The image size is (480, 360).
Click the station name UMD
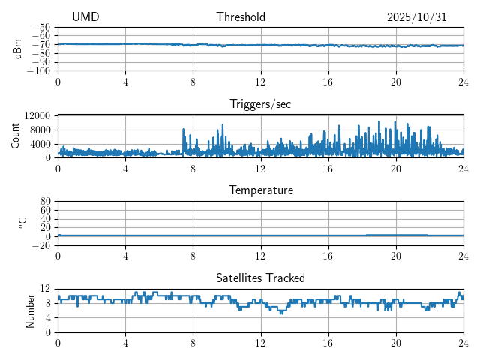coord(85,17)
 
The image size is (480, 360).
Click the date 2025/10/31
coord(417,17)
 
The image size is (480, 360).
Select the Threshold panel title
coord(241,17)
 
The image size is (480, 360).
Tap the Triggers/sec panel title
coord(260,103)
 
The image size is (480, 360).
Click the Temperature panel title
coord(261,190)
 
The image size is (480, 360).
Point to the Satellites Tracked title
coord(261,277)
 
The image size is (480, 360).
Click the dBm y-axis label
coord(18,49)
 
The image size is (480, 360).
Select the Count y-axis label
coord(16,136)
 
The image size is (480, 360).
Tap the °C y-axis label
coord(22,223)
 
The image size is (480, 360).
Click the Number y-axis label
coord(31,310)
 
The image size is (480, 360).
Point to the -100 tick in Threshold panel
coord(39,71)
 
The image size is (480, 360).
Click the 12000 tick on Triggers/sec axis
coord(37,115)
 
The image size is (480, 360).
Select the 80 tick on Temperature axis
coord(45,202)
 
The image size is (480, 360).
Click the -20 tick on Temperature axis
coord(41,245)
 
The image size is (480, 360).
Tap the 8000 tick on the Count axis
coord(40,130)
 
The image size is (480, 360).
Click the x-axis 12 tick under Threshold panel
coord(261,82)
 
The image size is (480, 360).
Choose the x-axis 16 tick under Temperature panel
coord(328,256)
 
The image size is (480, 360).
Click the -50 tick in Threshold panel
coord(41,27)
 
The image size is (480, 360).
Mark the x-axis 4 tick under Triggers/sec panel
coord(125,169)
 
